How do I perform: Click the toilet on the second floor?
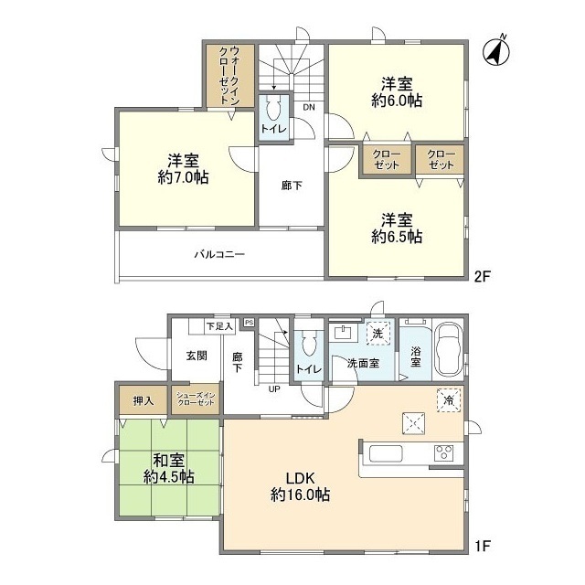pyautogui.click(x=272, y=117)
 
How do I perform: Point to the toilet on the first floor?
pyautogui.click(x=306, y=346)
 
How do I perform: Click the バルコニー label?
pyautogui.click(x=218, y=254)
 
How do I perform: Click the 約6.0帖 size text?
pyautogui.click(x=397, y=101)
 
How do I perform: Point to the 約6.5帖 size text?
pyautogui.click(x=396, y=236)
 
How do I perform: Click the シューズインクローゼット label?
pyautogui.click(x=196, y=400)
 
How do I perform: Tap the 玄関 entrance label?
pyautogui.click(x=196, y=356)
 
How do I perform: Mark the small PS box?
pyautogui.click(x=248, y=322)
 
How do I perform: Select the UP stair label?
pyautogui.click(x=273, y=388)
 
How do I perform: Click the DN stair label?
pyautogui.click(x=309, y=108)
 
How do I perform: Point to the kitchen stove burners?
pyautogui.click(x=444, y=452)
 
